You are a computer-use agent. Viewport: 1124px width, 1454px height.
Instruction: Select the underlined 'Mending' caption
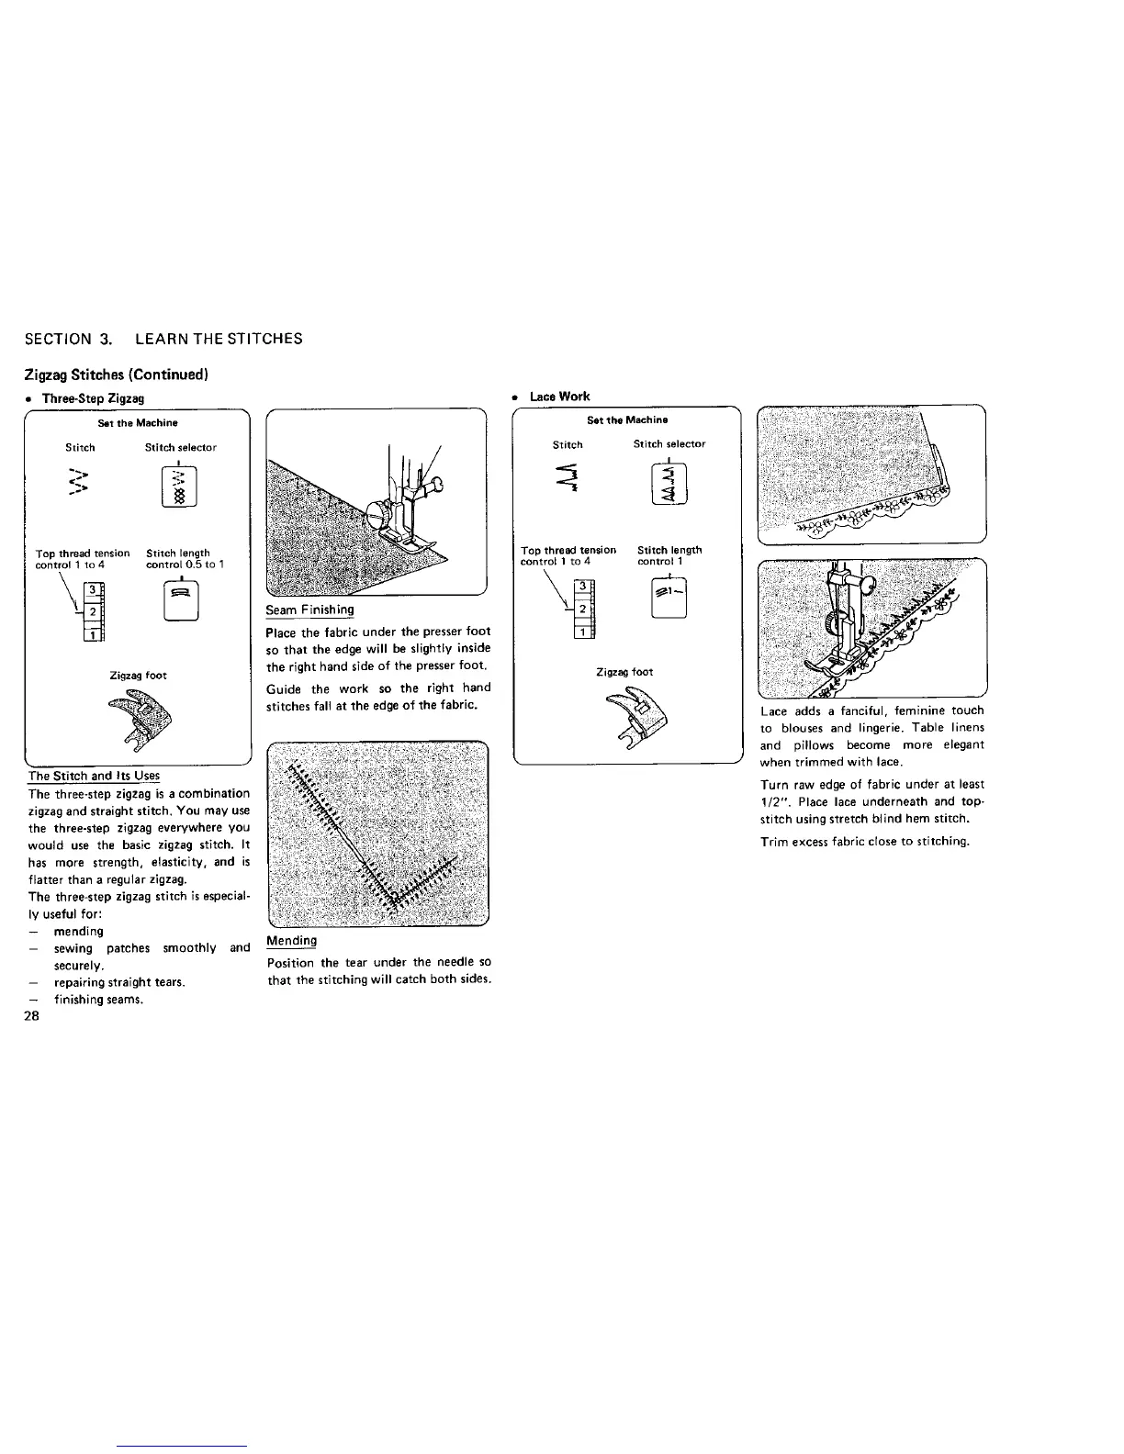tap(291, 941)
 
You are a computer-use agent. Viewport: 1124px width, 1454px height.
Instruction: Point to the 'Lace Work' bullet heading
tap(559, 397)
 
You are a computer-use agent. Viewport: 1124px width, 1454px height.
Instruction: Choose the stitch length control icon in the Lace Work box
tap(668, 598)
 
